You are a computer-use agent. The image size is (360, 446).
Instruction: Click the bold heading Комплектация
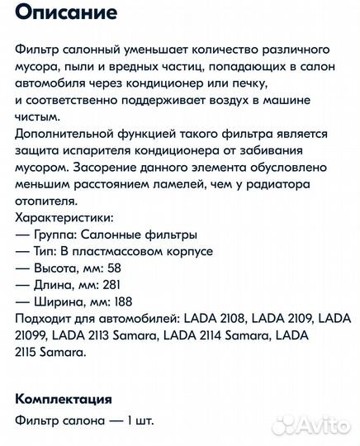pos(64,399)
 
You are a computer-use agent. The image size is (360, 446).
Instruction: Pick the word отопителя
pos(49,200)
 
